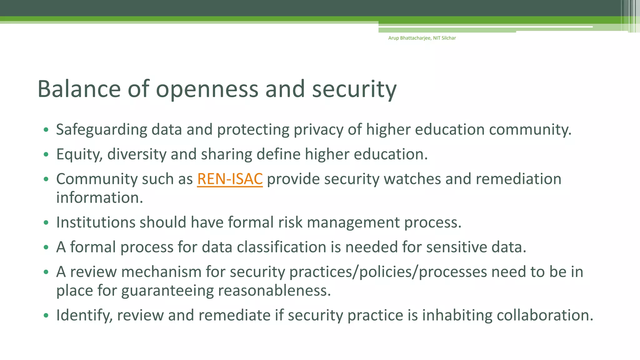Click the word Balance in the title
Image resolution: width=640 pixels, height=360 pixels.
[79, 89]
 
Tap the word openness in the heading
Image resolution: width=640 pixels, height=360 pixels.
[207, 89]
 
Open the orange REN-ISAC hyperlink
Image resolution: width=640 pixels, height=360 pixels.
[230, 179]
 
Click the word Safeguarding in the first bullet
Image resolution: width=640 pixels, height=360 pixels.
[102, 130]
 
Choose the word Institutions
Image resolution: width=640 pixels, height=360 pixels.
[95, 222]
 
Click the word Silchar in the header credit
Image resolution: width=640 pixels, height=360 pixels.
[448, 38]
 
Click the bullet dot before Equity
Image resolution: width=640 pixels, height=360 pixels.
[46, 154]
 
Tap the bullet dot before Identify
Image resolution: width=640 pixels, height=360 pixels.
[46, 315]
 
